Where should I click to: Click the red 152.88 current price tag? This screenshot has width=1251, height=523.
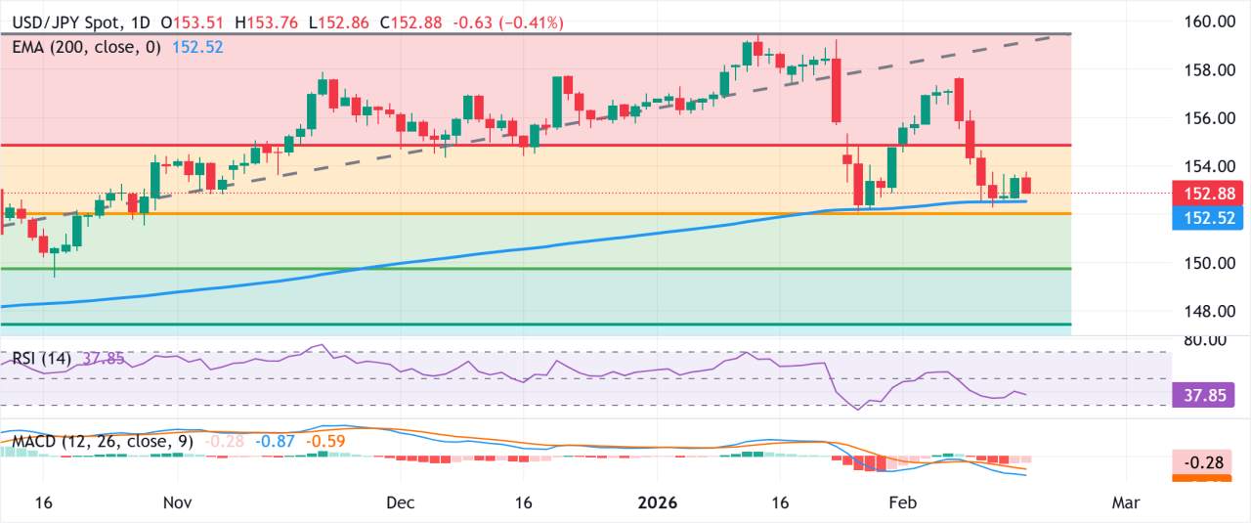(1209, 194)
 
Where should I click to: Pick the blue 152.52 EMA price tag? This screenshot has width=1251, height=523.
(1209, 218)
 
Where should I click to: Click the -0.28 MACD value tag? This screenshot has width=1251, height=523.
(1209, 460)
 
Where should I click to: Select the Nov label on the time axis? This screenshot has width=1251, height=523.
(177, 502)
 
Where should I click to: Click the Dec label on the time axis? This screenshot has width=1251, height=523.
(401, 502)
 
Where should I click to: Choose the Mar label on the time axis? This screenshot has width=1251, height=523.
(1127, 502)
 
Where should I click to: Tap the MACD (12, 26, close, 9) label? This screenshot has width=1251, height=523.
(103, 441)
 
